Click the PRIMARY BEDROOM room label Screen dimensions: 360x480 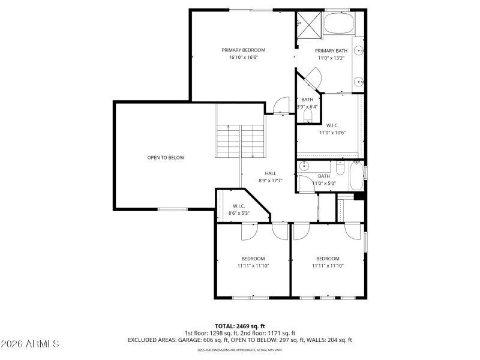(243, 50)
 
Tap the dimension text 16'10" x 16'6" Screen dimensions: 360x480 (243, 58)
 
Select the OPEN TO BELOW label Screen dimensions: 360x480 (166, 158)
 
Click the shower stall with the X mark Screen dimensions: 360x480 (308, 23)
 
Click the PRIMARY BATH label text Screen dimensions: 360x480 (331, 50)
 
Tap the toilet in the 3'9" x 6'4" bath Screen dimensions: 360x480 (308, 115)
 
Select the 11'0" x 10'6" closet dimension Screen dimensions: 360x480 (329, 133)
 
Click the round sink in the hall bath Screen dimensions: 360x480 (304, 167)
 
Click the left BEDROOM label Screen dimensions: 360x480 (253, 259)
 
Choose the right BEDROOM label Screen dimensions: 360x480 (328, 259)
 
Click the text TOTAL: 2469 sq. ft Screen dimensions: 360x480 (240, 326)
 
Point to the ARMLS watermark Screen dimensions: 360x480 (30, 344)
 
